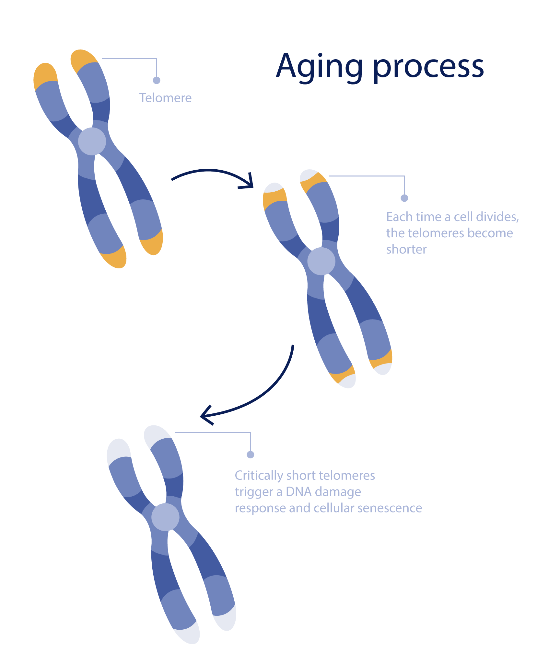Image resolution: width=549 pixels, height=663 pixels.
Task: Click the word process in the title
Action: (428, 68)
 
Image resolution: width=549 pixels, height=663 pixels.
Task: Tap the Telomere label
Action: (165, 98)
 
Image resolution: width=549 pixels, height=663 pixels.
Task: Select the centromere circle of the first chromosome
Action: (92, 141)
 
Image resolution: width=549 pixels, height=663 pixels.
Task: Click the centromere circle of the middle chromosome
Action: (321, 261)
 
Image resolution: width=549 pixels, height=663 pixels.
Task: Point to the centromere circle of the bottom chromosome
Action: (165, 517)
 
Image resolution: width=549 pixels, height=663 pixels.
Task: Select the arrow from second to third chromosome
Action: (259, 395)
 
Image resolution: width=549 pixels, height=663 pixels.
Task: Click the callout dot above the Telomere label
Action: (157, 80)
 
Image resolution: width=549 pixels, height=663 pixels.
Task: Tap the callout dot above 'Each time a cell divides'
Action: (404, 198)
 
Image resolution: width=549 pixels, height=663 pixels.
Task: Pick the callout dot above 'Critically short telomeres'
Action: (251, 455)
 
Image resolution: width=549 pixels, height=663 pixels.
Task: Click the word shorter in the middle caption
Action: (406, 250)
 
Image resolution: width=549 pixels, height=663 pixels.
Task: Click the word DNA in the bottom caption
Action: (298, 492)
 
